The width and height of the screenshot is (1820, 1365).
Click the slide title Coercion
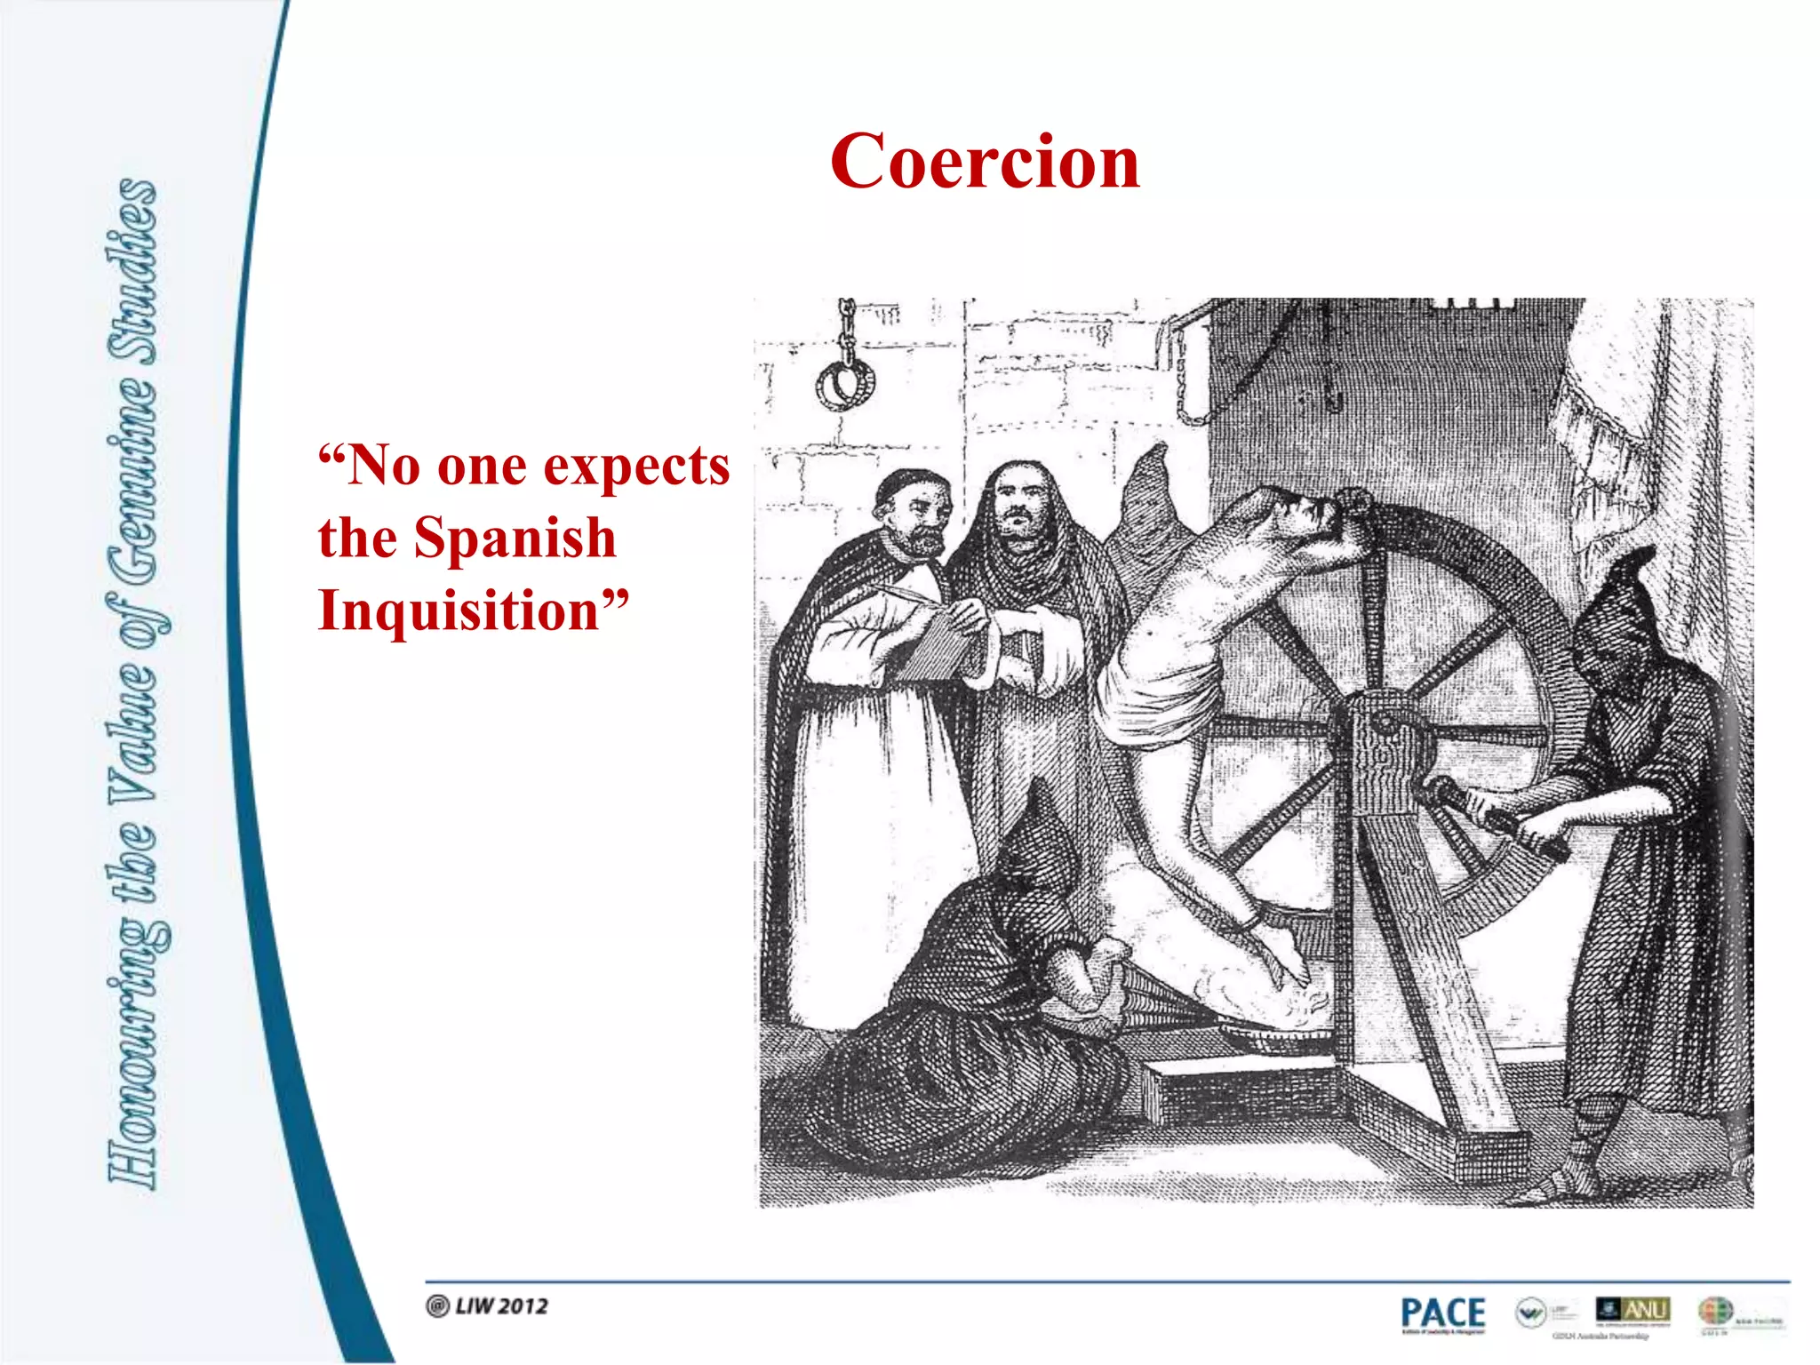[x=985, y=162]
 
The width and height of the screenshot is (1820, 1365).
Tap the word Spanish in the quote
[x=515, y=539]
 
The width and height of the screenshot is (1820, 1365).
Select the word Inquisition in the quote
[x=459, y=611]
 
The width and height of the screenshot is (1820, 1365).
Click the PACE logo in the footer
[x=1442, y=1313]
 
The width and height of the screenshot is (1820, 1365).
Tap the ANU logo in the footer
[x=1633, y=1310]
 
